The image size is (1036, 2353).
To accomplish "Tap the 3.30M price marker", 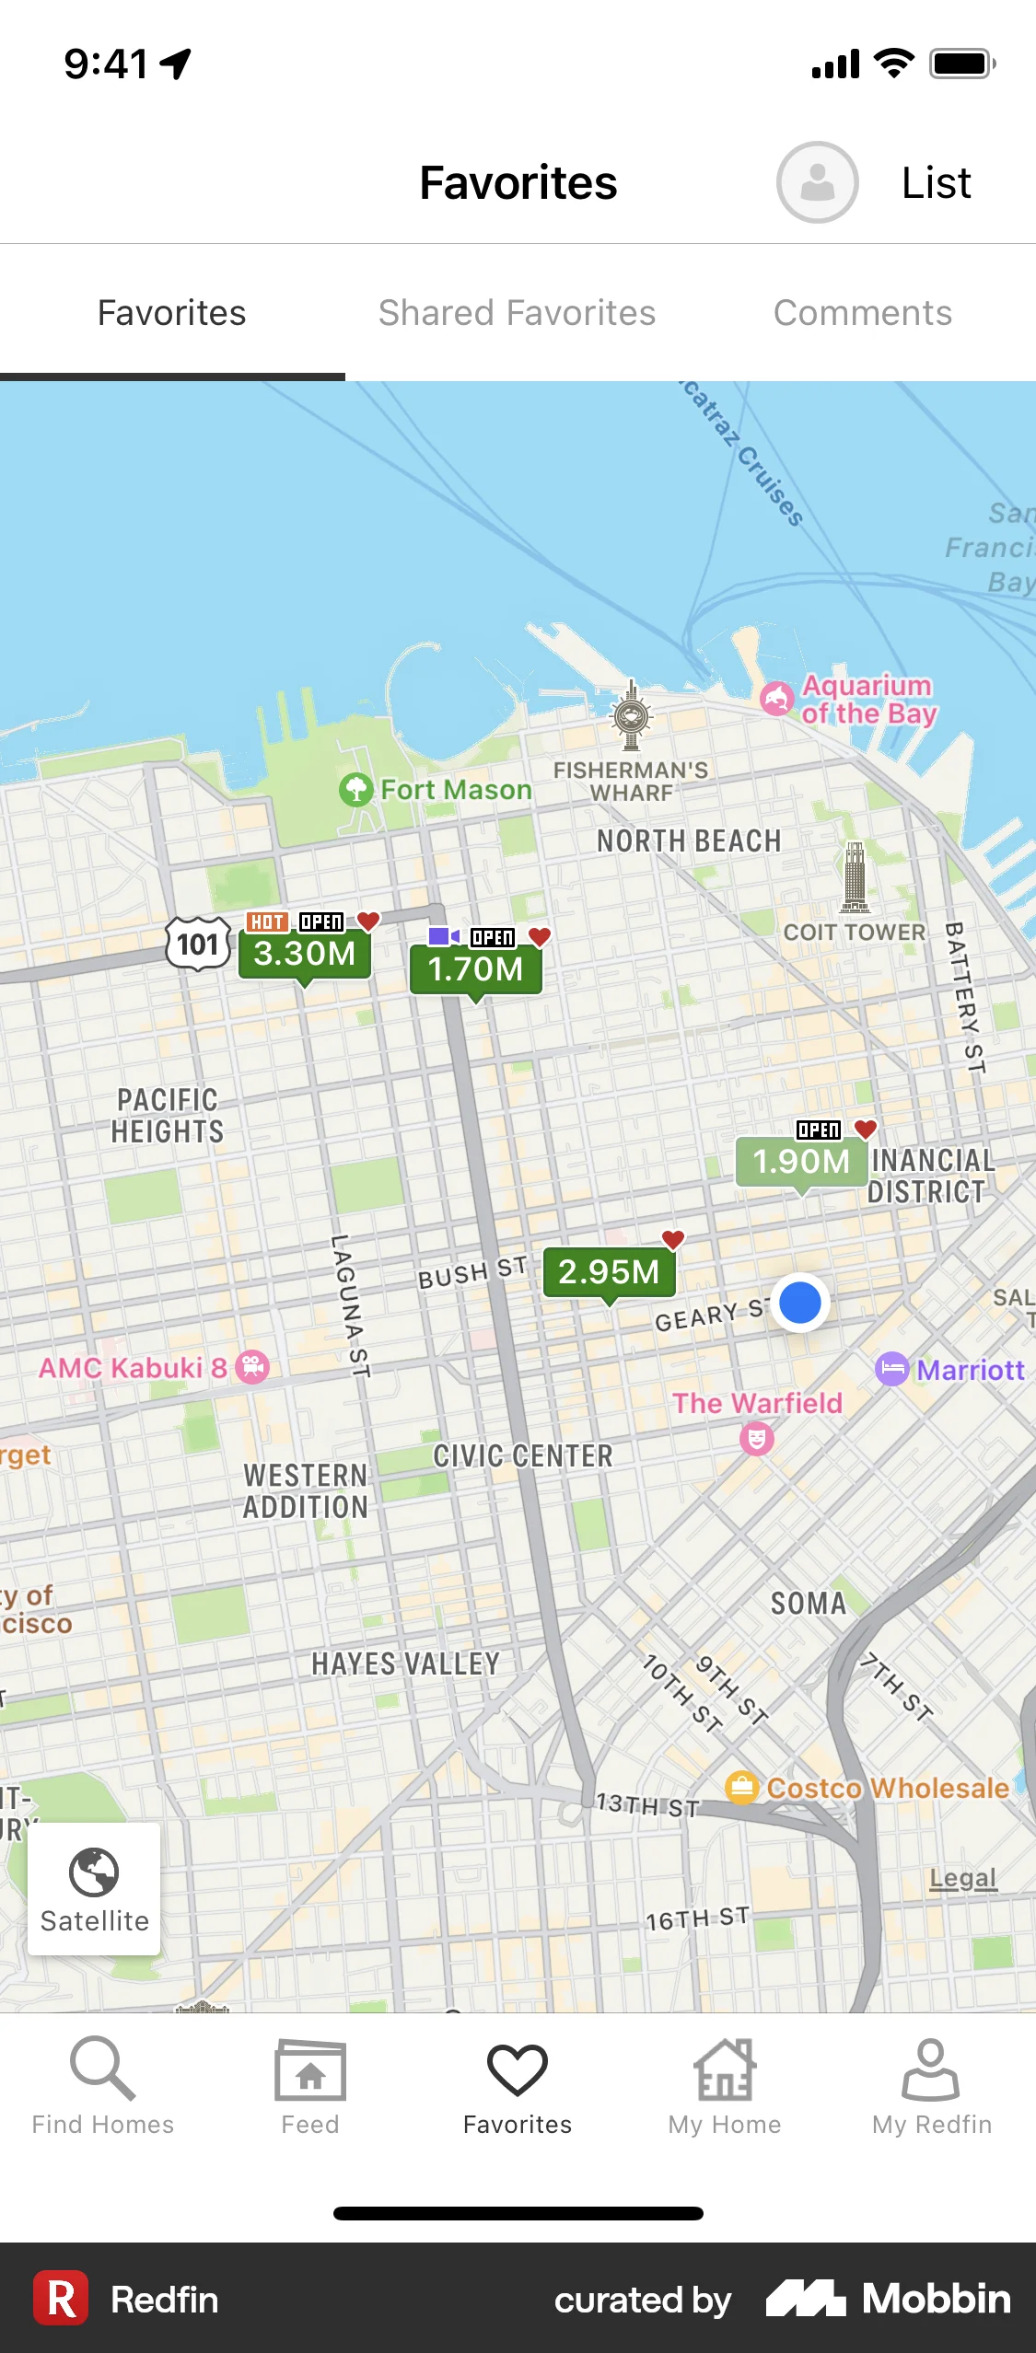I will pos(305,954).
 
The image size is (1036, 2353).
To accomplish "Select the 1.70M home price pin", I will pos(475,969).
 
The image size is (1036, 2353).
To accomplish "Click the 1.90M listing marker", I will pos(801,1161).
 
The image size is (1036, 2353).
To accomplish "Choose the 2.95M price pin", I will pos(609,1271).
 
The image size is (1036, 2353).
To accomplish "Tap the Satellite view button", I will pos(94,1888).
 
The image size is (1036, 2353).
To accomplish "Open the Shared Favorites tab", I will pos(517,313).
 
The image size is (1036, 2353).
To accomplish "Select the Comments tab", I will pos(862,313).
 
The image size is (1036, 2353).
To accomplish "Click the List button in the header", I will pos(936,182).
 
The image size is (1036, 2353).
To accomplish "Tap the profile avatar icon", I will pos(817,182).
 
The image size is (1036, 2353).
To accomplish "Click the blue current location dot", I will pos(799,1303).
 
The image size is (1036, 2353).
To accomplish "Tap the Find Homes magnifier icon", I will pos(102,2067).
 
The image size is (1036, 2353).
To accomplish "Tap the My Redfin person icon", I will pos(931,2069).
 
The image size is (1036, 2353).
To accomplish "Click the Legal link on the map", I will pos(962,1877).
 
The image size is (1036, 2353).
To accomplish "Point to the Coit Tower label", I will pos(854,933).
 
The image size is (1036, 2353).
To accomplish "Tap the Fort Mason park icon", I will pos(355,789).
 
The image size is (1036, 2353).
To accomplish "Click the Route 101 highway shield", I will pos(198,944).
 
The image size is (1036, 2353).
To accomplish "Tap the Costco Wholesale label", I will pos(887,1788).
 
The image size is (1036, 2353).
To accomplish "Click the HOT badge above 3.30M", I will pos(267,921).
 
